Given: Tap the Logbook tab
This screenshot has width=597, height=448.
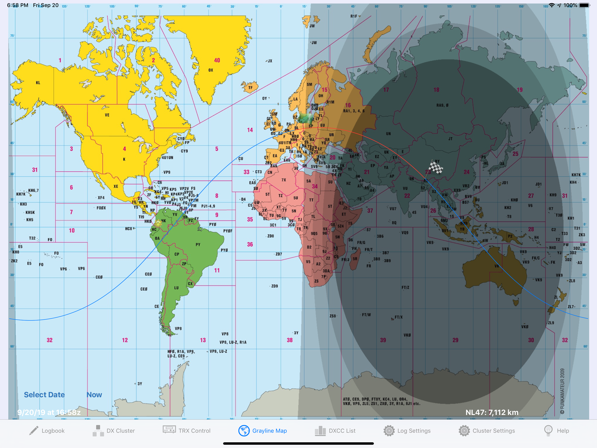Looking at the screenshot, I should (47, 431).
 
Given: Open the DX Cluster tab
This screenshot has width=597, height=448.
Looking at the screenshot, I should (114, 431).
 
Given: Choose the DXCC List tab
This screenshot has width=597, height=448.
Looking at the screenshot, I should (335, 431).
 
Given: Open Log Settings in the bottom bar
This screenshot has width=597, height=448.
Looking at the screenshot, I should (407, 431).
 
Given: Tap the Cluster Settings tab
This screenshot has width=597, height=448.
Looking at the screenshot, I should (487, 431).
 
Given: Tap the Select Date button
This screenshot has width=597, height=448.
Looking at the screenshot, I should (44, 395).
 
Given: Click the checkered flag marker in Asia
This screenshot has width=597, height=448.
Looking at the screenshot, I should (435, 167).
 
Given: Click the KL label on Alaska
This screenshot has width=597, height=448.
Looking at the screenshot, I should (38, 83).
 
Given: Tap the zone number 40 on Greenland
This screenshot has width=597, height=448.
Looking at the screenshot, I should (217, 60).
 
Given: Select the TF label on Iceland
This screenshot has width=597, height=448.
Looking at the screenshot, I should (250, 87).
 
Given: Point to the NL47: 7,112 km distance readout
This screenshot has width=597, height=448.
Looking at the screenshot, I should (492, 412).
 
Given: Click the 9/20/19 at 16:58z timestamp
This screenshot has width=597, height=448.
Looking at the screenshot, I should (49, 412).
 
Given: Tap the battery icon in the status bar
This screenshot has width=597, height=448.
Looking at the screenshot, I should (585, 5).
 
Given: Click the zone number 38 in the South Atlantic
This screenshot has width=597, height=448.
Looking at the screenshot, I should (290, 340).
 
